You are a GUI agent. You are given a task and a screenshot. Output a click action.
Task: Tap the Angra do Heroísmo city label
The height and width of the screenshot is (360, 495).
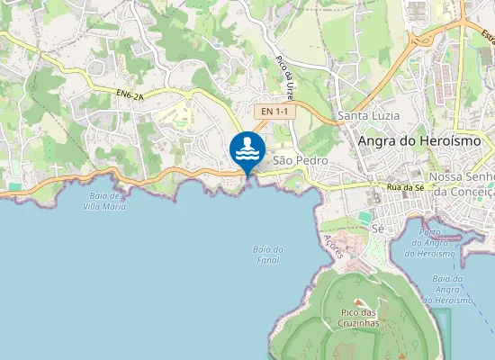(x=419, y=141)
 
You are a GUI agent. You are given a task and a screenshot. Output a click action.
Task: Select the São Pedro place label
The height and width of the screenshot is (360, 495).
(x=298, y=159)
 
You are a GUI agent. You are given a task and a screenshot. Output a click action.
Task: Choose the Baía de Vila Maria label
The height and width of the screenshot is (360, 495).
(x=103, y=201)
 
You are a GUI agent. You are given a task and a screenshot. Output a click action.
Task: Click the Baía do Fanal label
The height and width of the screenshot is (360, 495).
(x=267, y=255)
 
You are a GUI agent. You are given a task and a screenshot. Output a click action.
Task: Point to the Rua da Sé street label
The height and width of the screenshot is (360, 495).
(x=405, y=186)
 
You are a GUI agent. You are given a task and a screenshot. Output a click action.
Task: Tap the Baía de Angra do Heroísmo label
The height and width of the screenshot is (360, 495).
(x=454, y=289)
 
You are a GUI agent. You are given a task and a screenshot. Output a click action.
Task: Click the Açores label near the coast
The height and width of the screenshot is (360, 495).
(x=333, y=247)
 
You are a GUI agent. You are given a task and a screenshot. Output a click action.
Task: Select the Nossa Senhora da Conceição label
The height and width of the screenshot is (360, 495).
(x=463, y=184)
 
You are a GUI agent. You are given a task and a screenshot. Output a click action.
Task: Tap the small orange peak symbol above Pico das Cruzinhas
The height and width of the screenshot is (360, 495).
(x=360, y=302)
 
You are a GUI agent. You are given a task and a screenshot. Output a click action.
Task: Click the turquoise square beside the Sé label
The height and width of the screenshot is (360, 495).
(x=364, y=217)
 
